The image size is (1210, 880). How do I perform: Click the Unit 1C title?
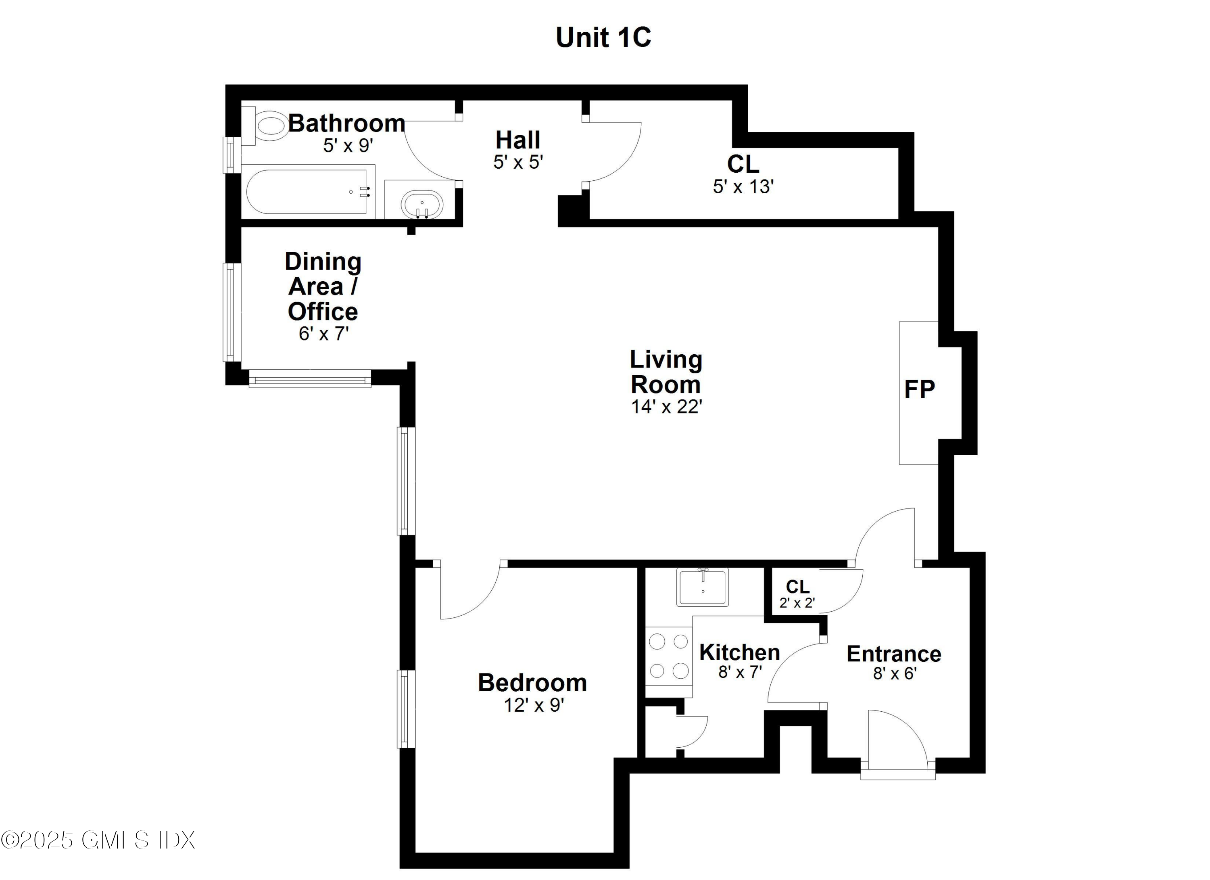click(603, 38)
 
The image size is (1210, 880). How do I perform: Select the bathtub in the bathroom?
click(307, 192)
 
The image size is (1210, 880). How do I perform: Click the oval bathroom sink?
click(421, 203)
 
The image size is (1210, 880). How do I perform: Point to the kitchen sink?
click(702, 587)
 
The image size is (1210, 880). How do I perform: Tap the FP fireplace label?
click(919, 390)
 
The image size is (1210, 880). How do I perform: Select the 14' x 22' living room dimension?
click(666, 407)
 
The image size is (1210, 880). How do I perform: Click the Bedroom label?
click(532, 683)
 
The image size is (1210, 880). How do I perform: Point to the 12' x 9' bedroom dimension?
click(534, 706)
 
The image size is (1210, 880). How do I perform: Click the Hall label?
click(517, 140)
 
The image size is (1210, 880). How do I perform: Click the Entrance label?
click(894, 654)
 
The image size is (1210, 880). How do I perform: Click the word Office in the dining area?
click(323, 311)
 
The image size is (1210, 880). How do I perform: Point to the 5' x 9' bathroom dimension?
click(347, 146)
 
